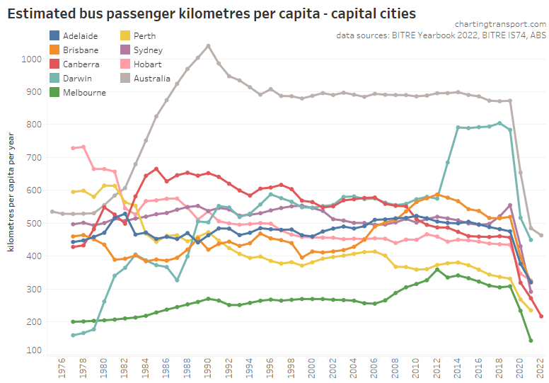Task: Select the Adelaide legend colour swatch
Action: (x=54, y=36)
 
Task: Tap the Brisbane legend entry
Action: (x=80, y=50)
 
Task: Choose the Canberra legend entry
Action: (x=80, y=64)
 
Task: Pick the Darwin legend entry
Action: (x=76, y=79)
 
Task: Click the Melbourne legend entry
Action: (x=83, y=93)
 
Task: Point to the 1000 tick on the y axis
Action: (x=33, y=59)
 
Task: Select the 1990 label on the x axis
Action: (x=208, y=369)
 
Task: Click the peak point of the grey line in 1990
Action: (x=208, y=46)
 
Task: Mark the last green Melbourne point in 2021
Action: (x=531, y=341)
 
